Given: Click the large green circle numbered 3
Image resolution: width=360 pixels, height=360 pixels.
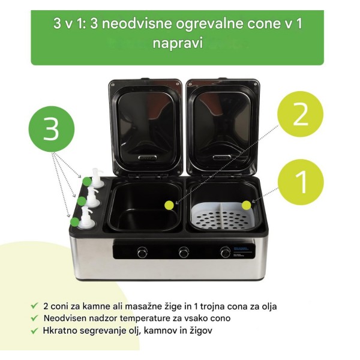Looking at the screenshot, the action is [52, 129].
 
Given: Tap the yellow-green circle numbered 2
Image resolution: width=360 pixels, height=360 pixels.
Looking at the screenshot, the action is [301, 114].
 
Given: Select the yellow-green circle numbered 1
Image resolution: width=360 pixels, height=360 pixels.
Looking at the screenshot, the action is [301, 182].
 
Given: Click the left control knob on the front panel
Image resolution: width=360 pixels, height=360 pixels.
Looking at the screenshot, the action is [142, 253].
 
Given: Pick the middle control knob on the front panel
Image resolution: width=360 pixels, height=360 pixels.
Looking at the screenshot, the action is [184, 253].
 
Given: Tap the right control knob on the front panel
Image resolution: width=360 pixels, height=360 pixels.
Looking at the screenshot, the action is [226, 252].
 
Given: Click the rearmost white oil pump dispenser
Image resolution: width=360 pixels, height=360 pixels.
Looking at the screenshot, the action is [97, 178].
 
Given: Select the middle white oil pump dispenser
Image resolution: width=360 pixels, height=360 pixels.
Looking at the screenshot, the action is [93, 197].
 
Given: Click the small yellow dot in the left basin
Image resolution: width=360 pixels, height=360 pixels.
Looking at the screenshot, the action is [169, 205].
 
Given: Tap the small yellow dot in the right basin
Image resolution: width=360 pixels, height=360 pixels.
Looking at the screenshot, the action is [247, 205].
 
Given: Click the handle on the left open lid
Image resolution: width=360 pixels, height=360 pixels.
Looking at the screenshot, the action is [148, 157].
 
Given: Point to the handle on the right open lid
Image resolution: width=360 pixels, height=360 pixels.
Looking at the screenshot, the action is [222, 157].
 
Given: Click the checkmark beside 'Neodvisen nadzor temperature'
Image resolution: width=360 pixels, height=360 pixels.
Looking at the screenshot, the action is [34, 318].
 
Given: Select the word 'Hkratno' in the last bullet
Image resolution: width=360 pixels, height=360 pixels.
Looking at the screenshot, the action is [58, 331].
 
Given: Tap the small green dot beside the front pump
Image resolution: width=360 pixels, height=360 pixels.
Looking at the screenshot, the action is [74, 221].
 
